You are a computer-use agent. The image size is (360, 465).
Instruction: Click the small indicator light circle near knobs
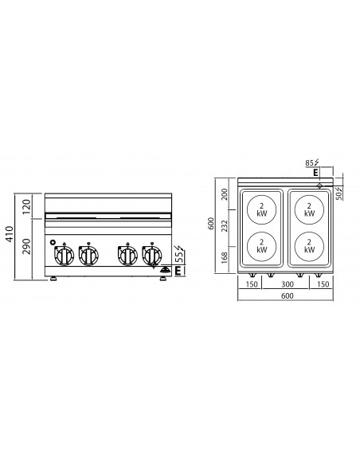[x=53, y=242]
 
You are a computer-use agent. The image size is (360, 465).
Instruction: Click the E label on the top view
[x=316, y=172]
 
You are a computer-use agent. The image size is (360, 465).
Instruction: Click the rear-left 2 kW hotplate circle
[x=261, y=209]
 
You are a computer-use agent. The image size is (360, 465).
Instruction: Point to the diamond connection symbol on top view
[x=320, y=186]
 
